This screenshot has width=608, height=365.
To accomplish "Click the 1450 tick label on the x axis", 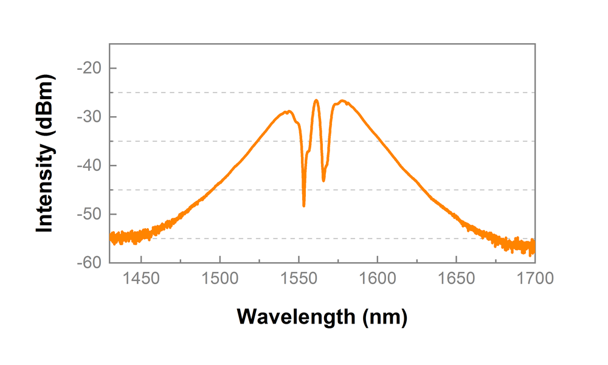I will tap(141, 279).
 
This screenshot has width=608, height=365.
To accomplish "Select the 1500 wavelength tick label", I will tap(219, 279).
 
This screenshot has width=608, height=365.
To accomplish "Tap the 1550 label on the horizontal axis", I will tap(299, 279).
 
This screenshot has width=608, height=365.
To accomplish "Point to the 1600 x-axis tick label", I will tap(377, 279).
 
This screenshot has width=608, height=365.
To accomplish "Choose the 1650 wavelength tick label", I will tap(456, 279).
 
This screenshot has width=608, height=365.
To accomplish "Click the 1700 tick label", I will tap(534, 279).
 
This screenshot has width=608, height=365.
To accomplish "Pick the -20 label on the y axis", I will tap(89, 68).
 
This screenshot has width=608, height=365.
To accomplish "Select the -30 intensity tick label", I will tap(89, 117).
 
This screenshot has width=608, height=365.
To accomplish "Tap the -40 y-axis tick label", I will tap(89, 165).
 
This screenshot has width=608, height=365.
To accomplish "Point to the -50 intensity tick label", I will tap(89, 214).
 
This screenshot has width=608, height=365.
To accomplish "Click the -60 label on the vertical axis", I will tap(89, 263).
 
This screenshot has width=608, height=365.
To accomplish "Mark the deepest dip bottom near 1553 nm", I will tap(304, 206).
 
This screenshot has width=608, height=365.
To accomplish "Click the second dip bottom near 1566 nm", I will tap(323, 180).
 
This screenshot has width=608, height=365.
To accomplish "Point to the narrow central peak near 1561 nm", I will tap(316, 100).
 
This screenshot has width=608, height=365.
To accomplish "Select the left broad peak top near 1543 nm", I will tap(288, 112).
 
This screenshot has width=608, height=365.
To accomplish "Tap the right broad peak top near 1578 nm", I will tap(344, 101).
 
